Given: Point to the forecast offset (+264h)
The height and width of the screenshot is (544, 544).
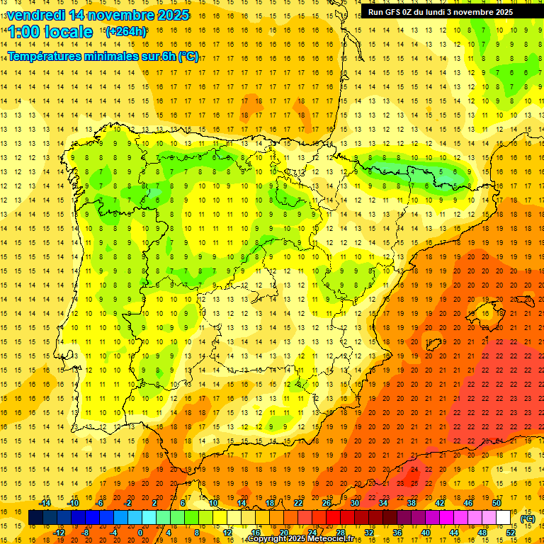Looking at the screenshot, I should (125, 31).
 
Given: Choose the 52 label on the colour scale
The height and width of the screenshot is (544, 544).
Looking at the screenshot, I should (511, 533).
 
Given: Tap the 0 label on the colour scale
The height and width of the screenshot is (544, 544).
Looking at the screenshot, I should (140, 533).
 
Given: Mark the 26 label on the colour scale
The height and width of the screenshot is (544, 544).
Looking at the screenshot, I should (327, 503).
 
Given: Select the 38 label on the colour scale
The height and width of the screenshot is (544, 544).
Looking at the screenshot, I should (412, 503).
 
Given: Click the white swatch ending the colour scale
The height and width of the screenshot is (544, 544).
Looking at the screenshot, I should (504, 518).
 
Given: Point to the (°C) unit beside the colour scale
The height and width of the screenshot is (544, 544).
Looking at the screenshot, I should (528, 518).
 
